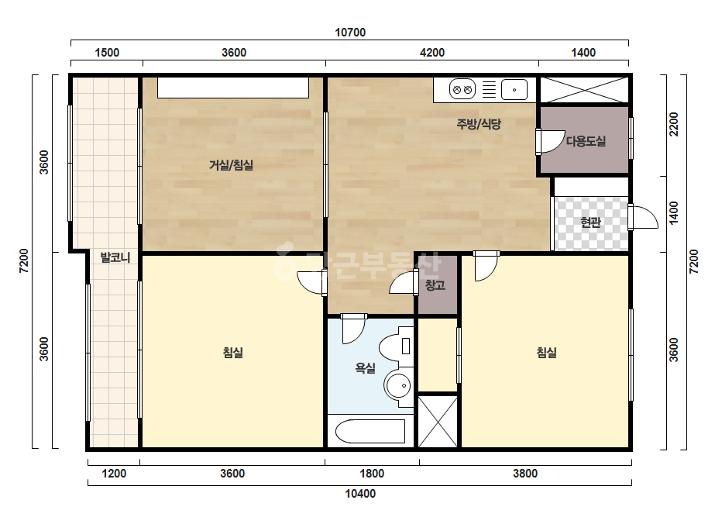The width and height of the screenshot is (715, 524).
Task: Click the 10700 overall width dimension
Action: [x=350, y=33]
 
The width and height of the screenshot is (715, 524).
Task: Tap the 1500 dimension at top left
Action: [x=107, y=53]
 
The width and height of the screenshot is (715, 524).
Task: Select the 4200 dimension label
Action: [x=431, y=53]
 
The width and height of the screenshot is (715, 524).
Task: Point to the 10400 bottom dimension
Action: [x=360, y=494]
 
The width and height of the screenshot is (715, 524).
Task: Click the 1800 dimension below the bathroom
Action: [x=372, y=474]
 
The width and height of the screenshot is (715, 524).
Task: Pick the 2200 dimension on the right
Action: [x=673, y=124]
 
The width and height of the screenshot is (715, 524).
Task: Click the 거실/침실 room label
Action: [x=231, y=165]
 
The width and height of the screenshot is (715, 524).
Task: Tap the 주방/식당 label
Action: [x=479, y=124]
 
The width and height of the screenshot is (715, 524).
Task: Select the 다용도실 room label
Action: [x=586, y=141]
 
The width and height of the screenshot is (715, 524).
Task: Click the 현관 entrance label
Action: [x=590, y=222]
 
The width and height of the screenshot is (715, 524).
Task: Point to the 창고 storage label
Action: [x=435, y=285]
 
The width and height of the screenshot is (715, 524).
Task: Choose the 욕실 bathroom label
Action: [x=366, y=368]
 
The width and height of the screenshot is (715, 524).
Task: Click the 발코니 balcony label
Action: [x=115, y=257]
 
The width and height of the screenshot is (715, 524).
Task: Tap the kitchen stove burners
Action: [x=462, y=89]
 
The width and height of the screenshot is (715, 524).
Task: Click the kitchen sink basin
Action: [x=514, y=89]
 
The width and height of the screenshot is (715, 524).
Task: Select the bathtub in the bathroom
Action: [x=370, y=431]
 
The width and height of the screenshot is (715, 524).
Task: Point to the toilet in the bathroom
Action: [x=396, y=348]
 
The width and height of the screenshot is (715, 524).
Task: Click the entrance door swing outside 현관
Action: [x=643, y=217]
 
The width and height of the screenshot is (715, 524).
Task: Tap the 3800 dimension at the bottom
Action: [x=525, y=474]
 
